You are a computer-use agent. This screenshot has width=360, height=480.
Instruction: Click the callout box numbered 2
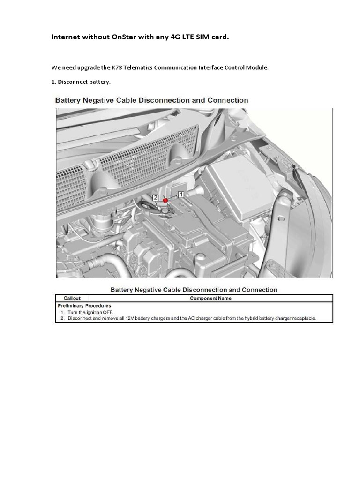coord(156,198)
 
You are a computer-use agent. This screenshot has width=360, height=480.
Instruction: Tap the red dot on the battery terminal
coord(165,201)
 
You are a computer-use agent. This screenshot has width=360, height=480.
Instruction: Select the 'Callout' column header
coord(71,298)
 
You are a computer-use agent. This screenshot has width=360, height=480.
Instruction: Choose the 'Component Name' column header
coord(210,298)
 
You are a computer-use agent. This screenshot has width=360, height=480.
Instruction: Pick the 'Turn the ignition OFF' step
coord(90,312)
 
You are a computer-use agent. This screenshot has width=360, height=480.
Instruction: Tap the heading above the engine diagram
coord(152,100)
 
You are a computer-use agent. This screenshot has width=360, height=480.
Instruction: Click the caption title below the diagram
coord(194,290)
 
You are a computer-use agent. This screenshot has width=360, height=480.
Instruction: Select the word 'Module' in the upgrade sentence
coord(258,67)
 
